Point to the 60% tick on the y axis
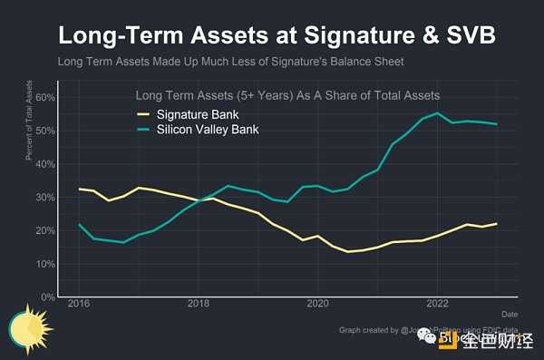click(x=44, y=97)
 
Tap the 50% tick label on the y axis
click(x=44, y=131)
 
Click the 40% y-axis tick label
click(x=44, y=164)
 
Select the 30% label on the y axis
click(x=44, y=197)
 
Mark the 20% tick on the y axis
click(x=44, y=230)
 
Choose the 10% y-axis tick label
click(x=44, y=264)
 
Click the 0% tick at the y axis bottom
click(x=47, y=297)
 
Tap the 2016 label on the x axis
click(x=80, y=306)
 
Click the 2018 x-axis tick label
click(x=199, y=306)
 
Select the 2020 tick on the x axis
click(x=318, y=306)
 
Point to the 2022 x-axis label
click(x=437, y=306)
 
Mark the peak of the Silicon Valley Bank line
click(x=438, y=113)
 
